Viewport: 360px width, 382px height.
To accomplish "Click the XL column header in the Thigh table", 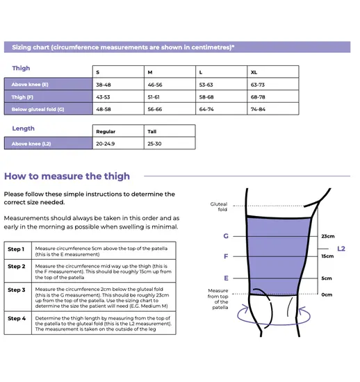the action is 254,72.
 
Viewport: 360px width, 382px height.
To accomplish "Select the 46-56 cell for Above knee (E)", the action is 155,85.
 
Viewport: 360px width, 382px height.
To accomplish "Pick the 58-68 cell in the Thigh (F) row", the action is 206,97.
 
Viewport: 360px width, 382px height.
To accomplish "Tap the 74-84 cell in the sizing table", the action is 258,109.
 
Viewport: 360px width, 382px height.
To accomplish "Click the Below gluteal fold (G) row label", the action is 38,109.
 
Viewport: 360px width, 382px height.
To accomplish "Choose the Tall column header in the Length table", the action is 152,131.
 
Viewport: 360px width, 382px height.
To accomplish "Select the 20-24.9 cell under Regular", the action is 106,144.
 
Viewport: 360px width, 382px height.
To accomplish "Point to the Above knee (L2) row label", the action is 31,144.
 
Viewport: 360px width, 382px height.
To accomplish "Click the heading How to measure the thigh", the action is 67,176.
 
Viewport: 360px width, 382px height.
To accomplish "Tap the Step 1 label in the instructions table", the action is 16,249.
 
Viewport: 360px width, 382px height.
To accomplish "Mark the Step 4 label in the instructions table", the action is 17,318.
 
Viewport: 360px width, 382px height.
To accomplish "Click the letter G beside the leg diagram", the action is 226,236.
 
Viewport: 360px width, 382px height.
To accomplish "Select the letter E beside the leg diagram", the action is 226,279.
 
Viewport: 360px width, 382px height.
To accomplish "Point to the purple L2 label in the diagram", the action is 341,249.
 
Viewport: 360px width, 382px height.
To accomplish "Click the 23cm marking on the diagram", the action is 328,236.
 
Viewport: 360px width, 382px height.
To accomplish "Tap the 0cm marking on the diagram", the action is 327,294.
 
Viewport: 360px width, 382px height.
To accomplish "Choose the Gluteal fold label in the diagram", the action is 219,206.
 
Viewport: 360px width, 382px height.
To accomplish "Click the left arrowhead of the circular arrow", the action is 245,308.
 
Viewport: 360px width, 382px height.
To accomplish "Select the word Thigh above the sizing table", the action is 21,68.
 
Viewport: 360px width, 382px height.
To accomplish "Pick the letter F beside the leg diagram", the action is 226,256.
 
